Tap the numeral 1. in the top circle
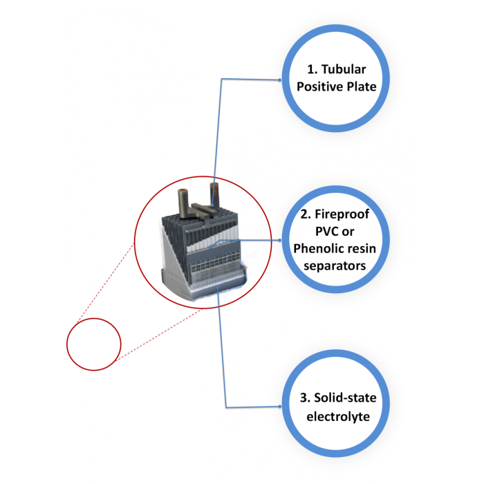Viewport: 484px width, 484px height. click(312, 70)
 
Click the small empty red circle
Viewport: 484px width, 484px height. click(93, 344)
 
